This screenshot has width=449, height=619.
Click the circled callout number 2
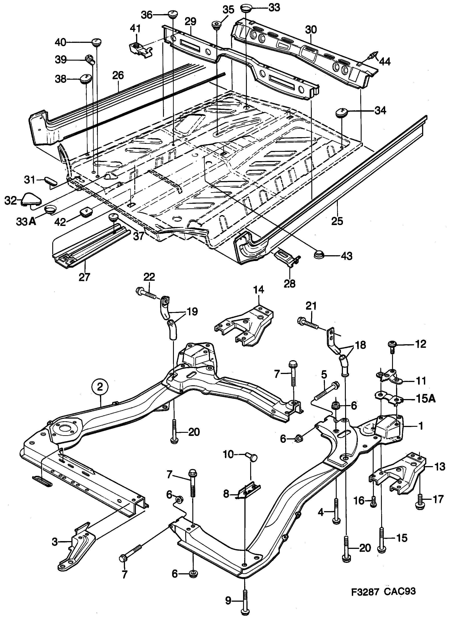click(100, 387)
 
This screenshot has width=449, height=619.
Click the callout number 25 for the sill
click(337, 221)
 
